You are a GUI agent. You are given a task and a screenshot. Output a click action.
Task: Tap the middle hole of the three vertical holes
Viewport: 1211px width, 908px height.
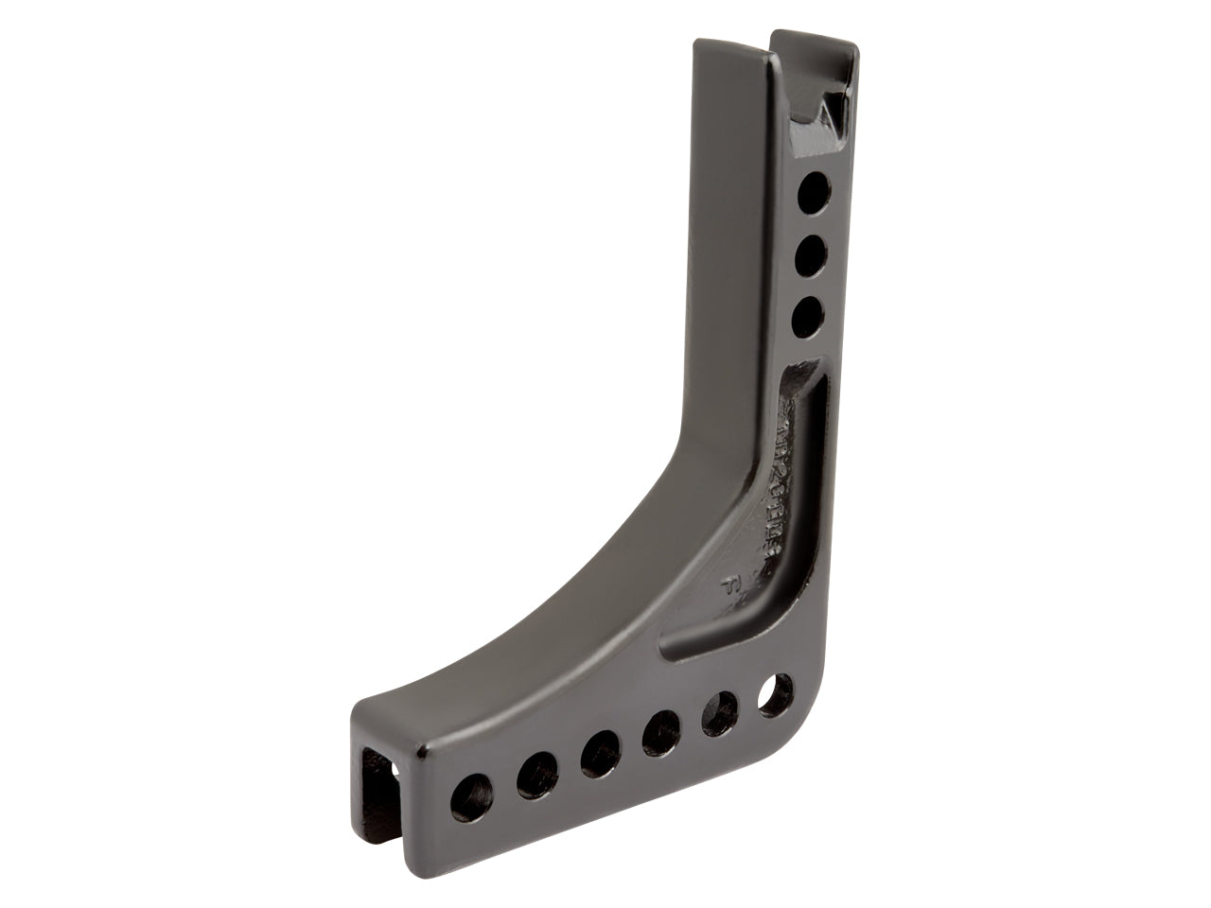(807, 254)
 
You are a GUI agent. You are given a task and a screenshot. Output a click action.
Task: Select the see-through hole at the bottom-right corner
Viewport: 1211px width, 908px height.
(776, 688)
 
